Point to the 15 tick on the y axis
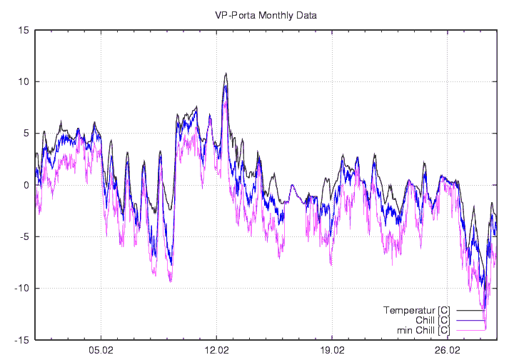pyautogui.click(x=24, y=30)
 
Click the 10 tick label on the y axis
pyautogui.click(x=24, y=81)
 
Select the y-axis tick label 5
pyautogui.click(x=26, y=134)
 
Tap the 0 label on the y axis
pyautogui.click(x=26, y=185)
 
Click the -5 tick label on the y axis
pyautogui.click(x=24, y=237)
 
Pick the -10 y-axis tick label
pyautogui.click(x=21, y=289)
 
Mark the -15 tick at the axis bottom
pyautogui.click(x=21, y=341)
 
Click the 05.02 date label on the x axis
pyautogui.click(x=101, y=351)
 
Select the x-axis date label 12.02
pyautogui.click(x=217, y=351)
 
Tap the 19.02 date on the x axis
pyautogui.click(x=333, y=351)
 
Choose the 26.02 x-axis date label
pyautogui.click(x=448, y=351)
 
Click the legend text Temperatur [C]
pyautogui.click(x=416, y=310)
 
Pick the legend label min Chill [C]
pyautogui.click(x=423, y=330)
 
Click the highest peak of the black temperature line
pyautogui.click(x=226, y=73)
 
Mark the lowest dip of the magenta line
pyautogui.click(x=485, y=329)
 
